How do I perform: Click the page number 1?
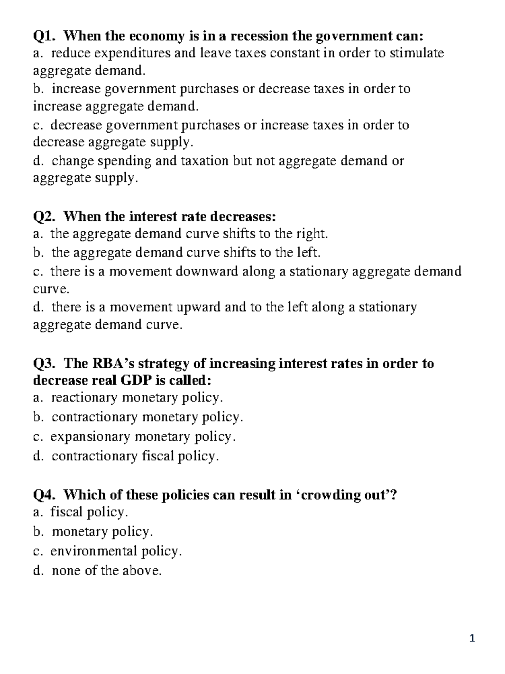[472, 639]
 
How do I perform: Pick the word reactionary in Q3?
[85, 398]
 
